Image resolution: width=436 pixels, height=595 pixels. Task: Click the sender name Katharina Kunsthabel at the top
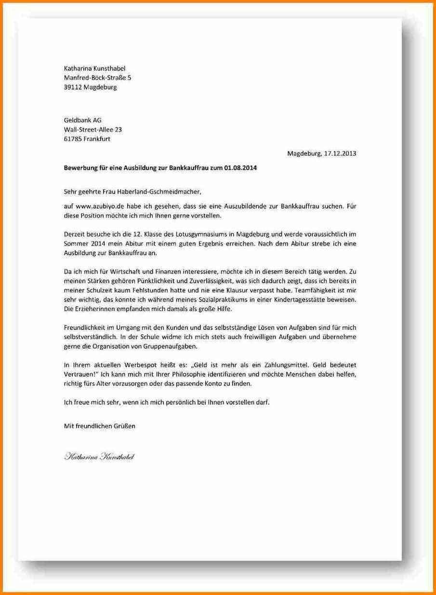94,68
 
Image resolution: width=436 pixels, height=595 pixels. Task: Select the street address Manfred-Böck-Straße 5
97,78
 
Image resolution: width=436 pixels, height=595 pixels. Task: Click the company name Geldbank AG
83,120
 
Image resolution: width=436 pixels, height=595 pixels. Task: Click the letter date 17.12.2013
340,154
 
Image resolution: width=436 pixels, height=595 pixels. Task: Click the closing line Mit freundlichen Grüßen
100,426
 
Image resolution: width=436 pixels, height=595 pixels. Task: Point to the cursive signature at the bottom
99,456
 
